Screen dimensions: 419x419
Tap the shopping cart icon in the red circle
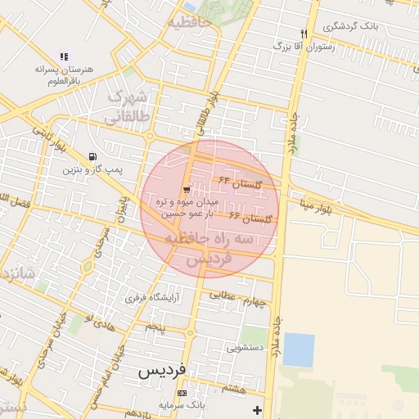click(x=187, y=190)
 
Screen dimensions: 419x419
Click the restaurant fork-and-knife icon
click(x=304, y=34)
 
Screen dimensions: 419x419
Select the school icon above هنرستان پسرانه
click(x=64, y=56)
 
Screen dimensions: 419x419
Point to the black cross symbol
click(x=259, y=409)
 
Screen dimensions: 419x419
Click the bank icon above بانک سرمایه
click(x=182, y=394)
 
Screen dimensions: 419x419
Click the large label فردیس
click(x=161, y=370)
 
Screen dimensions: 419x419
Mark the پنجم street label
click(x=155, y=327)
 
